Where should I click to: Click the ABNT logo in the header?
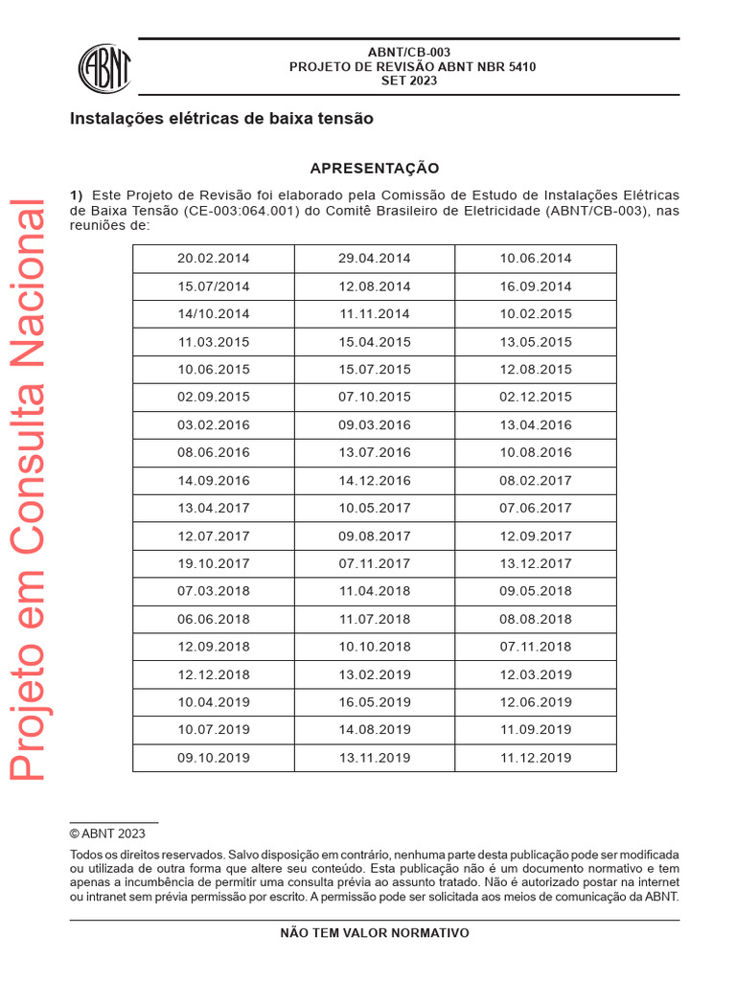coord(104,68)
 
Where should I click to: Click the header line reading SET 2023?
coord(409,81)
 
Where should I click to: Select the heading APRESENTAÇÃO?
coord(375,168)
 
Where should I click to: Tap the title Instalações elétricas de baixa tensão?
coord(221,120)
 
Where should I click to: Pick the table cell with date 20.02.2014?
coord(214,259)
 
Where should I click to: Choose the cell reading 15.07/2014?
coord(214,286)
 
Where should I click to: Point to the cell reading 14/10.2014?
coord(214,314)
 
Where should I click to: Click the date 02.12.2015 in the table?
coord(536,397)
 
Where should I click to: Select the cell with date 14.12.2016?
coord(375,480)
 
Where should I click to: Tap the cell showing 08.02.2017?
coord(536,480)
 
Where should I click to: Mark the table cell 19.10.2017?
coord(214,563)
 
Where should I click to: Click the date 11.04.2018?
coord(375,591)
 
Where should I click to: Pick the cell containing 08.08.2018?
coord(536,619)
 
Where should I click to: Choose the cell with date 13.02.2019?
coord(375,674)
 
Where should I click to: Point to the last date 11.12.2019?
coord(536,758)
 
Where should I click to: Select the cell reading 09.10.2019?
coord(214,758)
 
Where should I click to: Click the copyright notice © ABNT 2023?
coord(107,833)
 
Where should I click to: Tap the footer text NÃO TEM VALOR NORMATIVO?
coord(375,933)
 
